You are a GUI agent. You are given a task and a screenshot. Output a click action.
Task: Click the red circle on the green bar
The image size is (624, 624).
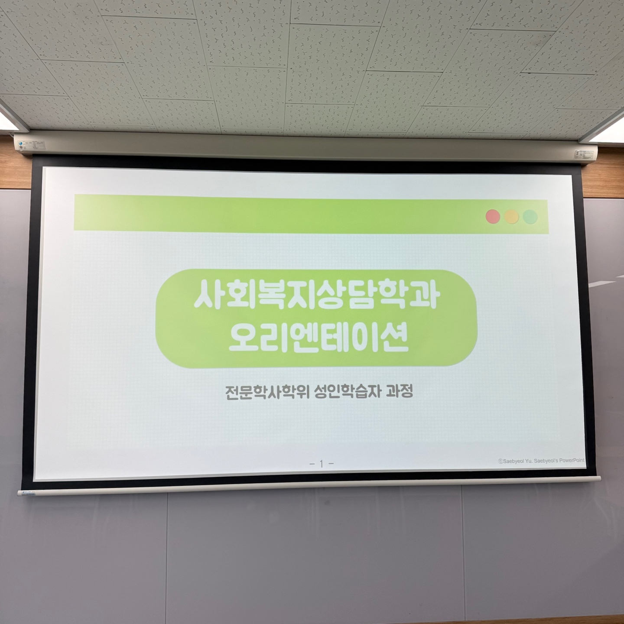click(x=493, y=216)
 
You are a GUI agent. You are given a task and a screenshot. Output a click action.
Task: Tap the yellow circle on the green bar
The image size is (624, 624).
click(x=512, y=217)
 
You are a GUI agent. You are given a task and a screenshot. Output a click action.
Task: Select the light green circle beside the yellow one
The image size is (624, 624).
click(x=530, y=217)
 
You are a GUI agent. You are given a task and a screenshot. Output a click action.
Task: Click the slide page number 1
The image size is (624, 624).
click(x=321, y=464)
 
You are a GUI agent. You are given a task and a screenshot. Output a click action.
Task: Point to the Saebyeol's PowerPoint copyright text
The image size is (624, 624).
click(x=541, y=461)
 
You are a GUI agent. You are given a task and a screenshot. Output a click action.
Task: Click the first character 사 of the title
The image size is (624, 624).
click(x=208, y=294)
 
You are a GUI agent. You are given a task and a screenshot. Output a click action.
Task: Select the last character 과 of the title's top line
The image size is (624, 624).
click(x=426, y=293)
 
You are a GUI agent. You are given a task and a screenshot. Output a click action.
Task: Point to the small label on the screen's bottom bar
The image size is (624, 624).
click(x=29, y=493)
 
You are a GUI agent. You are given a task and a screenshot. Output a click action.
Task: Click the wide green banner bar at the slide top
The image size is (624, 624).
click(x=311, y=214)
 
